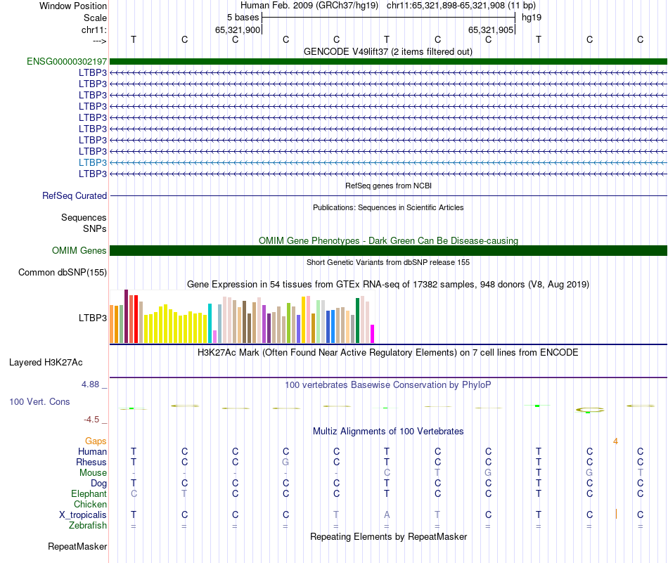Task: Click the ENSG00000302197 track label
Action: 67,61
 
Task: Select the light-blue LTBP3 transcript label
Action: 93,162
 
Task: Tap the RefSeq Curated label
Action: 75,196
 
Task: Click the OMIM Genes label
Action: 79,251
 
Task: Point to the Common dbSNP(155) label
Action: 63,273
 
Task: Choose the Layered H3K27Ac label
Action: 46,363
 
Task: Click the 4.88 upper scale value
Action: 91,384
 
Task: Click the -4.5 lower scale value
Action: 92,420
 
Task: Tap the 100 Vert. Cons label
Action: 39,401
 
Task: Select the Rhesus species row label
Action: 91,462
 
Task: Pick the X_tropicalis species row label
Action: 83,515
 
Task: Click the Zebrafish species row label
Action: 88,526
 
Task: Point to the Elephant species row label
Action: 89,494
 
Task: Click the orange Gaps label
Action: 96,441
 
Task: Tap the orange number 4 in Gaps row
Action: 615,441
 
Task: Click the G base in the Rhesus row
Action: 285,462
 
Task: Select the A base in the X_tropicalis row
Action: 387,515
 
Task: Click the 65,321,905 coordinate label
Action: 489,30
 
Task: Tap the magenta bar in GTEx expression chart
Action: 373,334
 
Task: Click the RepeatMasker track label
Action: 77,546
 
